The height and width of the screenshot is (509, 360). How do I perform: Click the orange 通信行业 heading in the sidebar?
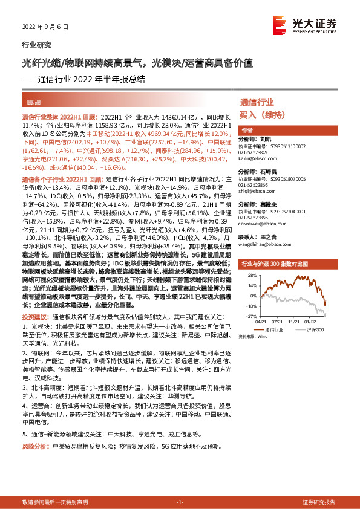(257, 102)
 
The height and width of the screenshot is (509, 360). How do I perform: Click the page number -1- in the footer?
(179, 502)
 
